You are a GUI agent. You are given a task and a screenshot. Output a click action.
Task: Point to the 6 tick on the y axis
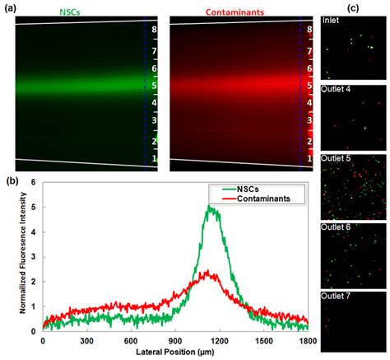33,184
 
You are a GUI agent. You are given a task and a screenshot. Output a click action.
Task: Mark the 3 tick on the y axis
33,257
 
